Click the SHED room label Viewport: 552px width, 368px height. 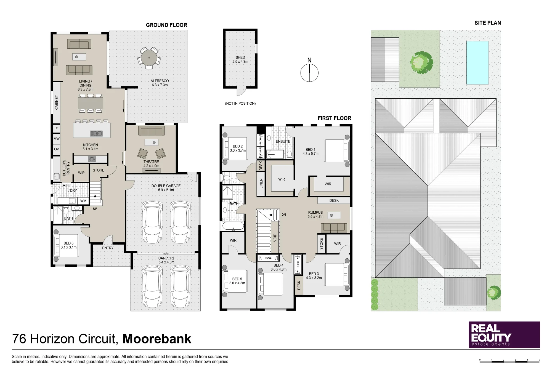240,57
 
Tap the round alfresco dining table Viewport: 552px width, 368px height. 149,58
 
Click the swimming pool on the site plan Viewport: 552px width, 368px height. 477,63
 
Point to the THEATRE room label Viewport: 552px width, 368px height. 151,162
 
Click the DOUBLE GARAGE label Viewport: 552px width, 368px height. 166,186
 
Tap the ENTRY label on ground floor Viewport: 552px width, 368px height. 108,248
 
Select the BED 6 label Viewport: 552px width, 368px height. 69,243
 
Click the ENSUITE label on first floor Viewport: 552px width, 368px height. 283,141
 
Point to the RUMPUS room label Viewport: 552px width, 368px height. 315,213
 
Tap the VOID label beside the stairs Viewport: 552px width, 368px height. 275,238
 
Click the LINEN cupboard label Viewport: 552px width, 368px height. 261,183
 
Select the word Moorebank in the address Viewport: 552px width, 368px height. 157,339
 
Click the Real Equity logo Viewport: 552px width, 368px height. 504,335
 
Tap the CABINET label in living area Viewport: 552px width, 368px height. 57,102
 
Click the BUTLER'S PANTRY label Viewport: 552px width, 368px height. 66,168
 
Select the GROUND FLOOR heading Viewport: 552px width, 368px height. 166,25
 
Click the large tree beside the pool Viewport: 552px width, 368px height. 421,62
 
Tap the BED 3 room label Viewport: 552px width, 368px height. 314,274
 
